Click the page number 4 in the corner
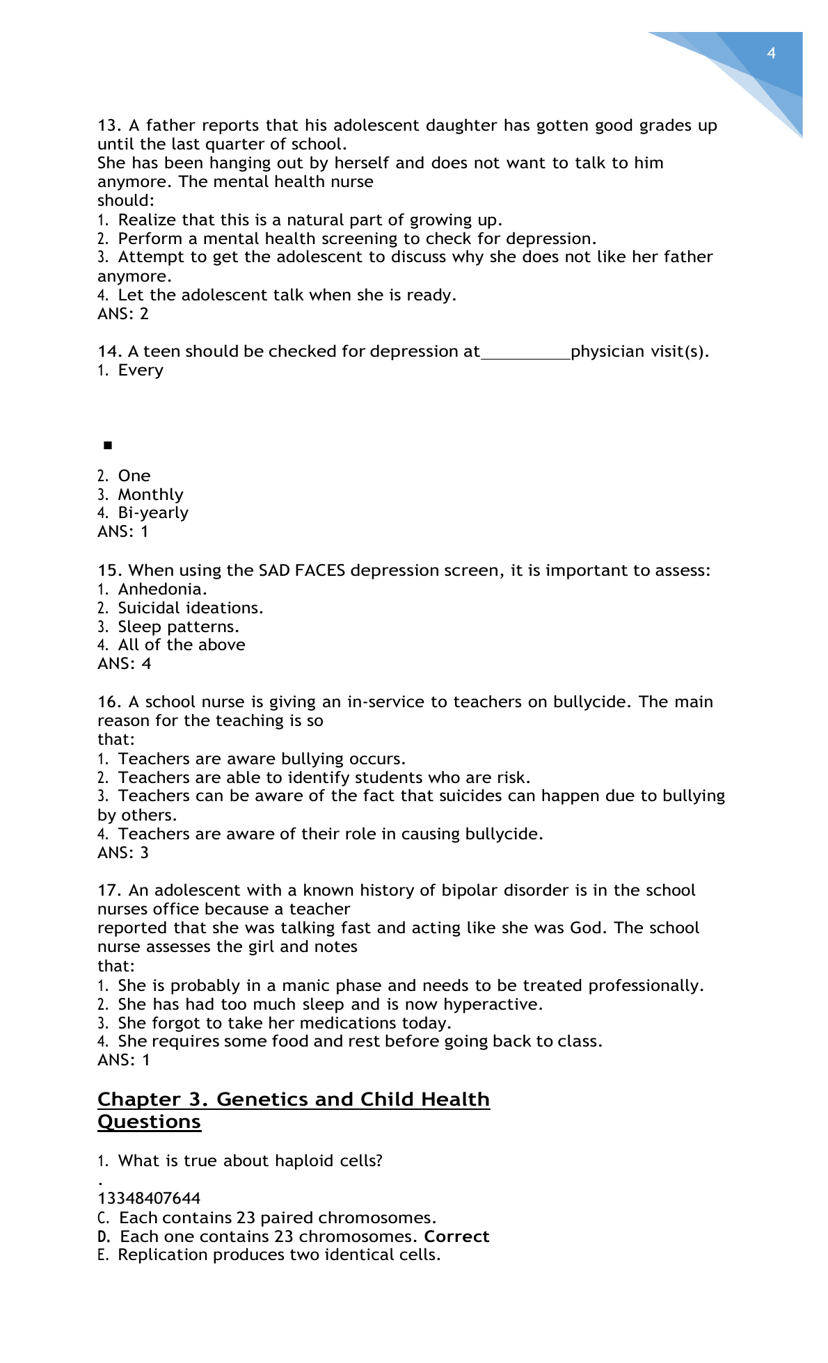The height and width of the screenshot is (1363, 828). [x=771, y=54]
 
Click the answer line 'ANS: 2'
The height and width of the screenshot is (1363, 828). [x=123, y=314]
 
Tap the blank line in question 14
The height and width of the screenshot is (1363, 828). [x=525, y=353]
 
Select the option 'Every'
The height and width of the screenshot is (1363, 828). [x=141, y=370]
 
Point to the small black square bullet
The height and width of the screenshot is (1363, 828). [x=108, y=445]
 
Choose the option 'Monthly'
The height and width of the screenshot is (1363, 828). [x=150, y=494]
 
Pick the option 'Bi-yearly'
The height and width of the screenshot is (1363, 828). [x=153, y=513]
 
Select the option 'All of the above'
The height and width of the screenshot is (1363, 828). [x=182, y=645]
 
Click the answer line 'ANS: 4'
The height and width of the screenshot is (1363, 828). [x=124, y=663]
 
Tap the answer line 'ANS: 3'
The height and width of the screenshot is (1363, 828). [x=123, y=853]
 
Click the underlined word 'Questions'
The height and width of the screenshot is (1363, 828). [x=149, y=1122]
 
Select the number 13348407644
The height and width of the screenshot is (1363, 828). [x=149, y=1198]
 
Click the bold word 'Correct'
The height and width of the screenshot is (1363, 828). [x=456, y=1236]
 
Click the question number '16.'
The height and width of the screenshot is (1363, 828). [x=110, y=702]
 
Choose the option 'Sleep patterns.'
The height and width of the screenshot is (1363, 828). [x=178, y=627]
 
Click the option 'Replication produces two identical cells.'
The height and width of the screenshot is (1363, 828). [x=279, y=1255]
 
